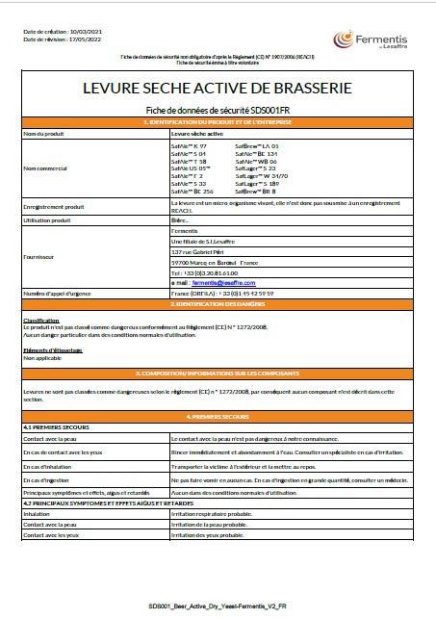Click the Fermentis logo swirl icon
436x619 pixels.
(x=343, y=39)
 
